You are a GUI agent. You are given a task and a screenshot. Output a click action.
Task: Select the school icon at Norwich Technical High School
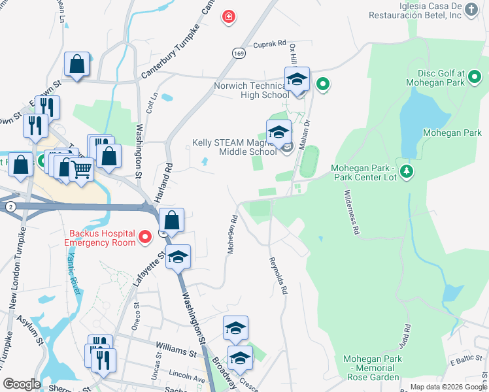pos(297,82)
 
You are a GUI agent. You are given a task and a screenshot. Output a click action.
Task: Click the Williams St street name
pos(176,352)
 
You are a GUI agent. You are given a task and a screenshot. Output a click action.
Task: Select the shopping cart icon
pos(82,171)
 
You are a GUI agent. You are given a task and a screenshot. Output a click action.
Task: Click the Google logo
pos(22,384)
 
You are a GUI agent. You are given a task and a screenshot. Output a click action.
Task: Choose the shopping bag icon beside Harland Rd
pos(171,221)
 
